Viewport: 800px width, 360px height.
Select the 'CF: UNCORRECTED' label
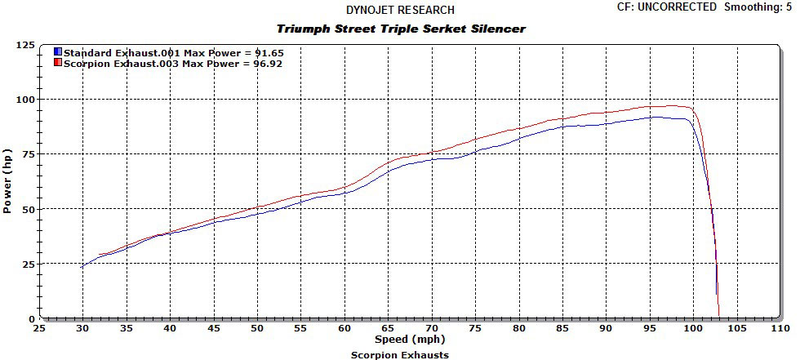click(662, 7)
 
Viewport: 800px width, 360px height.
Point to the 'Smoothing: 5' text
click(758, 7)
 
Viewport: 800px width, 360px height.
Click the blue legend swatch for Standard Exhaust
click(58, 51)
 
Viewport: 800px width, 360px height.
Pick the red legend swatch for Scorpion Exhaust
click(58, 63)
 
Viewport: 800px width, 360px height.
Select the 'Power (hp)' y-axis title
click(7, 181)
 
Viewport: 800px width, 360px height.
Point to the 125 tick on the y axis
click(24, 45)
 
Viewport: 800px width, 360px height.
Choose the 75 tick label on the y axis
click(27, 154)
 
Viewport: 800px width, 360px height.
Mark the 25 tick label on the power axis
click(27, 264)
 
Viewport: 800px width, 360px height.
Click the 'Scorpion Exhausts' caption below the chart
click(399, 354)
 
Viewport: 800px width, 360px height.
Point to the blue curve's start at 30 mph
click(82, 266)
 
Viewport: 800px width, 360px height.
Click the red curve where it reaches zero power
click(719, 317)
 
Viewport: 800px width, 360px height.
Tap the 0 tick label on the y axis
click(30, 318)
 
